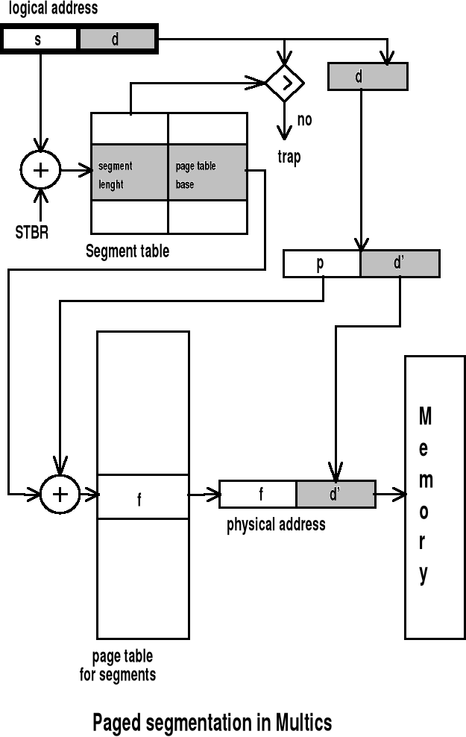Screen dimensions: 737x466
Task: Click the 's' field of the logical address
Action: tap(40, 40)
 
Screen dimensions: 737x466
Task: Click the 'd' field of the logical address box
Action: tap(116, 40)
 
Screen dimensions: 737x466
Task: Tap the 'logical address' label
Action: tap(53, 9)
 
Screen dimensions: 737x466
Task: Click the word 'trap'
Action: tap(289, 157)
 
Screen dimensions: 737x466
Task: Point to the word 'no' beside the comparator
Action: tap(305, 119)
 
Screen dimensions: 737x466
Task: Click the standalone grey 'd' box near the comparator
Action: tap(368, 77)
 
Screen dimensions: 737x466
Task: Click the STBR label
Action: tap(32, 231)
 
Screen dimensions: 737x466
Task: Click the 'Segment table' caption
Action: tap(127, 251)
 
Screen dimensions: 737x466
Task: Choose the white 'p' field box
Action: tap(321, 263)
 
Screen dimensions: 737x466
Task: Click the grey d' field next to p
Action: tap(400, 263)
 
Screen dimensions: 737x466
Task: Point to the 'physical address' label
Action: tap(276, 524)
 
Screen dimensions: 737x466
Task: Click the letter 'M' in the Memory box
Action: tap(424, 416)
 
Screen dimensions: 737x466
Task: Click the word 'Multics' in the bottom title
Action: tap(303, 722)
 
